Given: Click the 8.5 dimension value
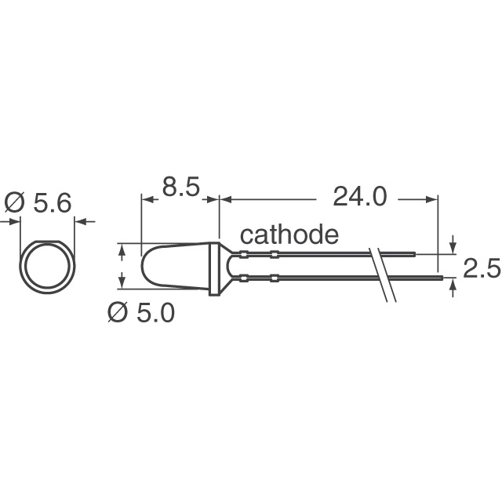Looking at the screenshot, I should (x=181, y=190).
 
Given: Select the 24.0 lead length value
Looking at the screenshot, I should (x=360, y=197).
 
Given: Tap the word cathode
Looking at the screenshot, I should (x=289, y=235).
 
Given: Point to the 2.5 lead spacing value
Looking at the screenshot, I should (x=481, y=270).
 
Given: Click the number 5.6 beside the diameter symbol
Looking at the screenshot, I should (x=50, y=203).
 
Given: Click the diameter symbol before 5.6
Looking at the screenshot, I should (x=16, y=203).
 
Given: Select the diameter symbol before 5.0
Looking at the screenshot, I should (x=117, y=313).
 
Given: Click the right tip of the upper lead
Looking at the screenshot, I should (x=413, y=254).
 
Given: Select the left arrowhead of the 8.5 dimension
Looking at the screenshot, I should (x=146, y=199).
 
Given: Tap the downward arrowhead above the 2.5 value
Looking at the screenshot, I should (x=452, y=249).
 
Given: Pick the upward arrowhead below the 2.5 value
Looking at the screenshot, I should (x=452, y=283).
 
